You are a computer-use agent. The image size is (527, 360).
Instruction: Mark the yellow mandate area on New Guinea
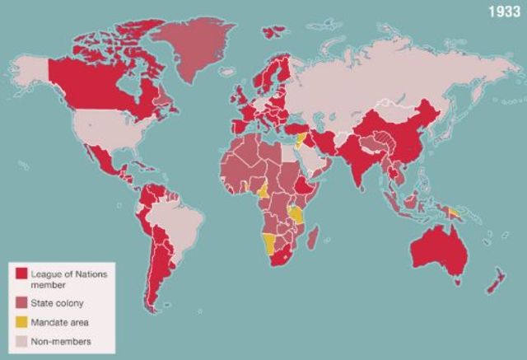tap(453, 213)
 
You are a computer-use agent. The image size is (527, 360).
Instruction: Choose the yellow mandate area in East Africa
tap(296, 215)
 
